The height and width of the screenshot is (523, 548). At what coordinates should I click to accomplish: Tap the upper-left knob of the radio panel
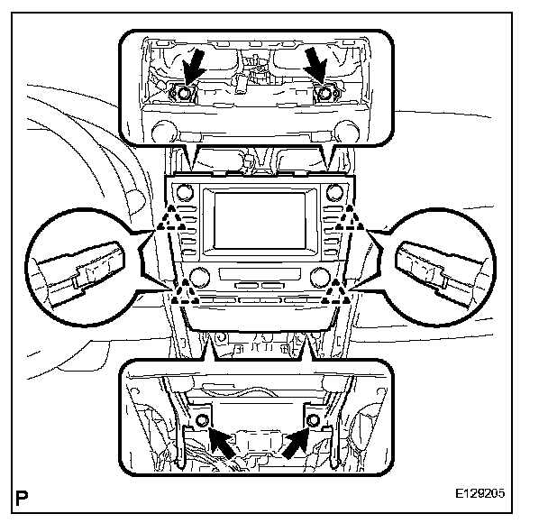186,191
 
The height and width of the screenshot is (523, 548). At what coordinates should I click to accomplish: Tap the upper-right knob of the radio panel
336,191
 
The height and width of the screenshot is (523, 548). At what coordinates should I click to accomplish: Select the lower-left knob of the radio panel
201,276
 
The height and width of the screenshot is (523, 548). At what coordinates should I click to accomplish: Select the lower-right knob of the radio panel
322,276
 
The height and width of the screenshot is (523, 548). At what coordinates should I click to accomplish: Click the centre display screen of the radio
261,224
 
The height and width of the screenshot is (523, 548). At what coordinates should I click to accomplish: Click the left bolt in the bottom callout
203,419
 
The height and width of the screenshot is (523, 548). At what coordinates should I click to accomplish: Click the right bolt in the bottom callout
313,419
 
